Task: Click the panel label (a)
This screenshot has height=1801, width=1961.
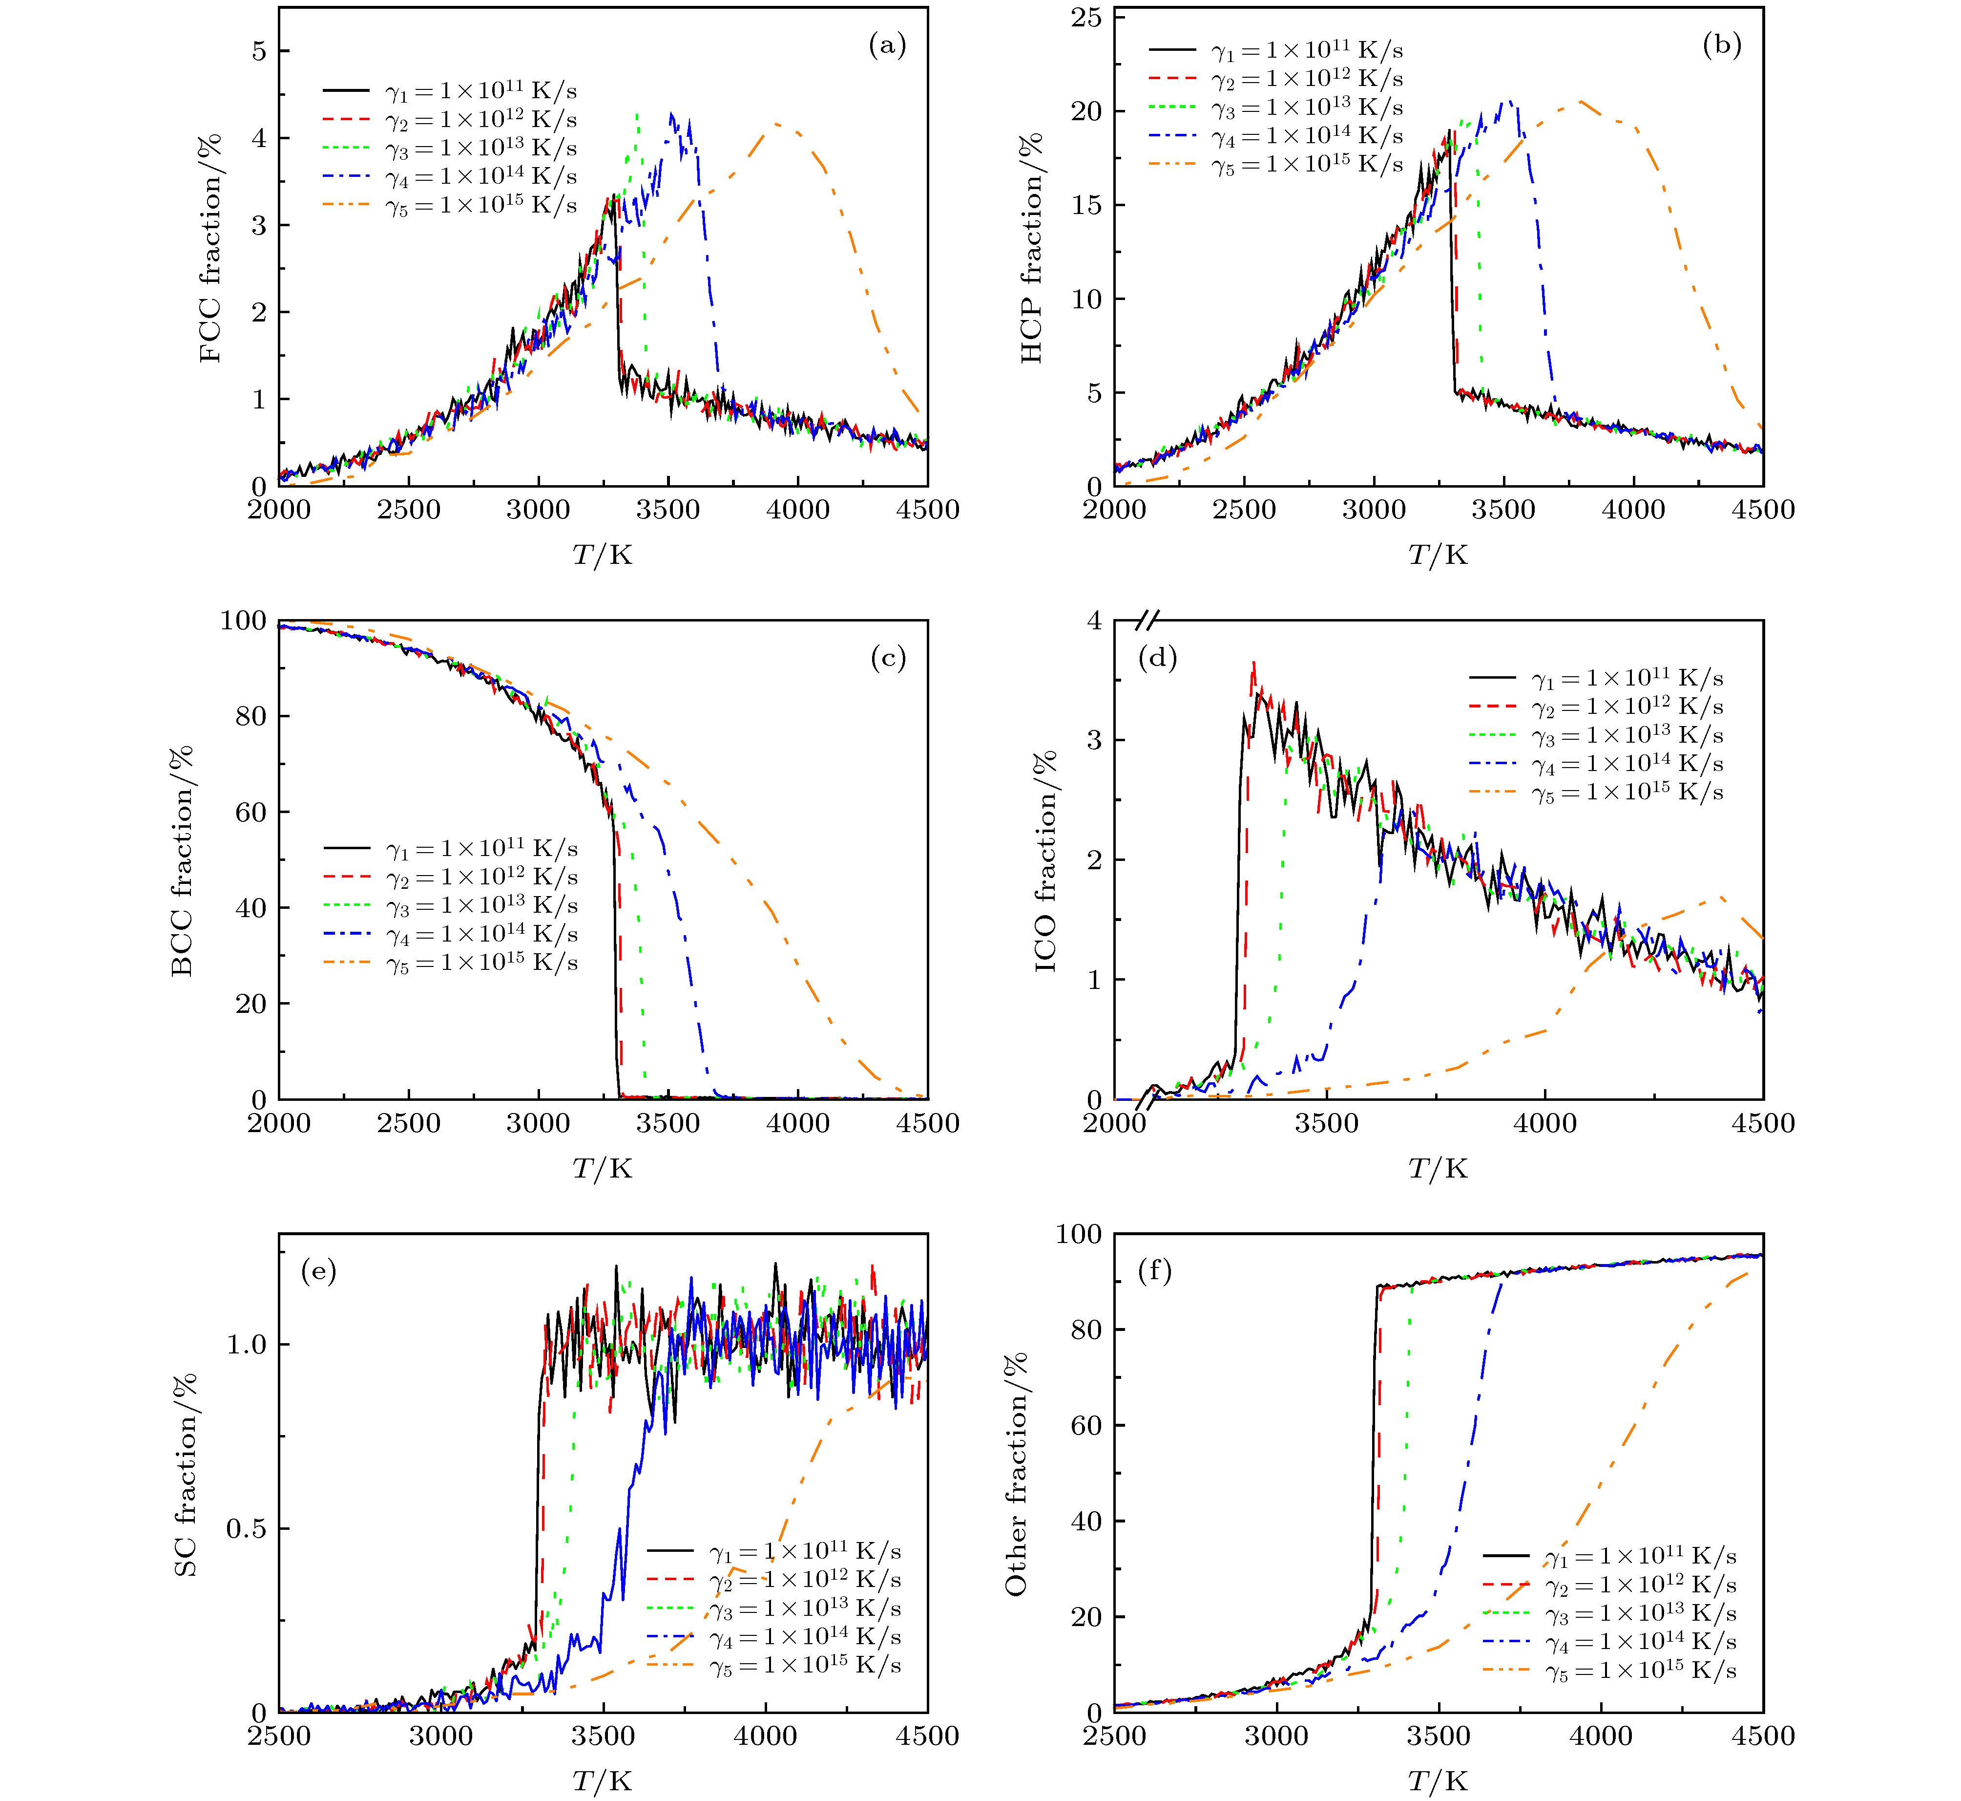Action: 886,46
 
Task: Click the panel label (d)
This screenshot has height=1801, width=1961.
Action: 1157,659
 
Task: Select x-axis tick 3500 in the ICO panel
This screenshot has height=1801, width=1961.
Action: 1327,1123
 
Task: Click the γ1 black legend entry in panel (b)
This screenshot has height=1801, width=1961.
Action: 1276,50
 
